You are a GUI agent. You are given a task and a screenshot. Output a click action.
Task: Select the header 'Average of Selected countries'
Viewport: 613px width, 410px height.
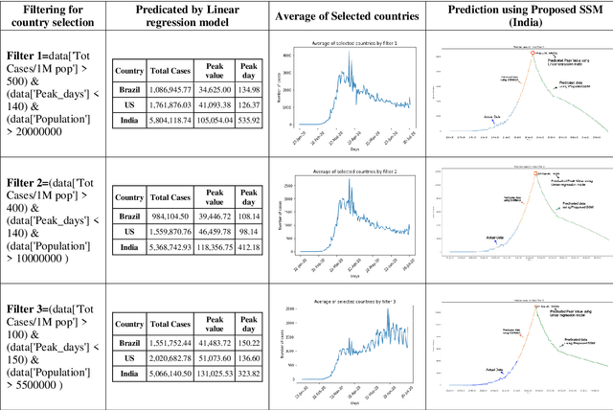pyautogui.click(x=346, y=17)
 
